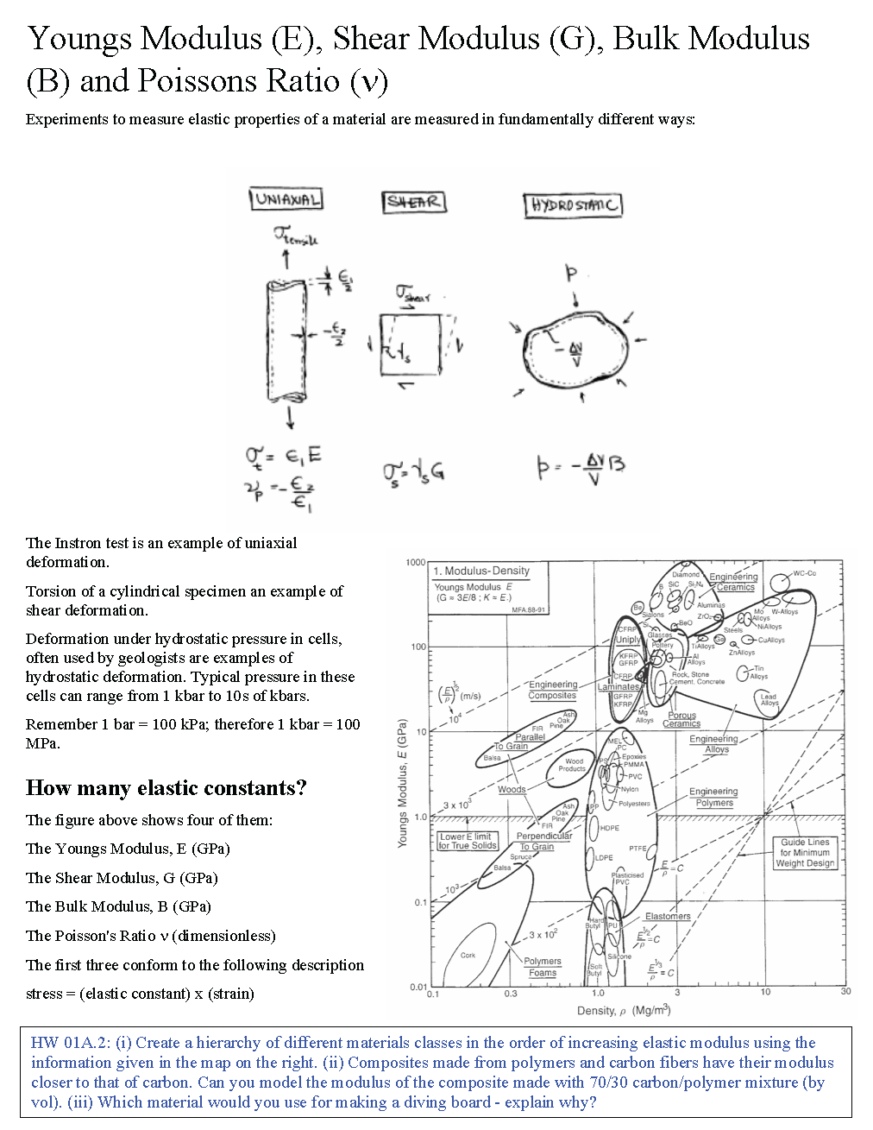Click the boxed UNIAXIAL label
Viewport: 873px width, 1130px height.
click(286, 199)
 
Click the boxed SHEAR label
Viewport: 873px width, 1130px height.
click(414, 202)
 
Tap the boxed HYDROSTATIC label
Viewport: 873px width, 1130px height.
click(573, 205)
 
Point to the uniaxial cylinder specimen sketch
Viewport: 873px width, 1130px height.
click(286, 340)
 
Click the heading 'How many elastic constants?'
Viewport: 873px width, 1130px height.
click(166, 788)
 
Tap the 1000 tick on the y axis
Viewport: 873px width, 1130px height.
click(416, 563)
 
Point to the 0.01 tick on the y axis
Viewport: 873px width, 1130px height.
click(418, 987)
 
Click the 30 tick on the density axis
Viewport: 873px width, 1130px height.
click(845, 992)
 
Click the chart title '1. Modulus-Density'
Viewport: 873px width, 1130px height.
click(481, 571)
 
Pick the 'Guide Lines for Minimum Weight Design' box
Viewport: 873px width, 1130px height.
click(805, 852)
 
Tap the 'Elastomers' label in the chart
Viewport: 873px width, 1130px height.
click(668, 916)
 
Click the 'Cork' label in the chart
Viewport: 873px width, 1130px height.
click(468, 955)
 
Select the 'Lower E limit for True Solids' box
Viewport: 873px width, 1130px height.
click(466, 841)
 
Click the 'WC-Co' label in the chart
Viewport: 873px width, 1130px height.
click(804, 573)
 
